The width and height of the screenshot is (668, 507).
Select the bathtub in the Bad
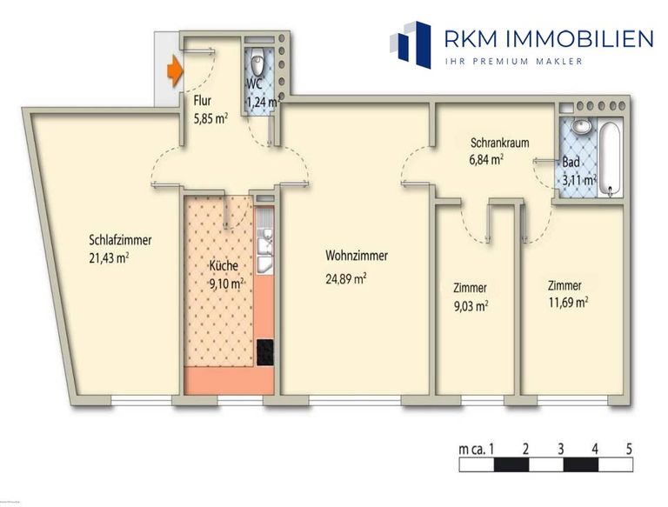(x=610, y=158)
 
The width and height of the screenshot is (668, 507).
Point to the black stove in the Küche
(x=264, y=351)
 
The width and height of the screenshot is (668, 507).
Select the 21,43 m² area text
(x=110, y=257)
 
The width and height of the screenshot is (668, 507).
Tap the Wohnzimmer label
(x=357, y=256)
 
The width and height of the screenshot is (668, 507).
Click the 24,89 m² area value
(x=345, y=278)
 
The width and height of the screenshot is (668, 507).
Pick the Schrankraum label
(x=500, y=143)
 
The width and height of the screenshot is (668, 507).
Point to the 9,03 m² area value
(x=470, y=305)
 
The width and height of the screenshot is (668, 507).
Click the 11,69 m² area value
(x=568, y=303)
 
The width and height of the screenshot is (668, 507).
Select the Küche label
(x=224, y=266)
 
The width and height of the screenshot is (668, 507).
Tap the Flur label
(x=202, y=99)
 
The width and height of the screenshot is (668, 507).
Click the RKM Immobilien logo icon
(x=411, y=44)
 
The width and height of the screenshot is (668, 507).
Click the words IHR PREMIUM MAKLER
(x=513, y=61)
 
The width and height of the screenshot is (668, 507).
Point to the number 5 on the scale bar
(x=629, y=449)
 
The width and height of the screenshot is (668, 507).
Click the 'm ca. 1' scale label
(x=477, y=449)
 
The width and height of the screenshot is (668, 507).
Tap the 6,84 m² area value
(x=486, y=160)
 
